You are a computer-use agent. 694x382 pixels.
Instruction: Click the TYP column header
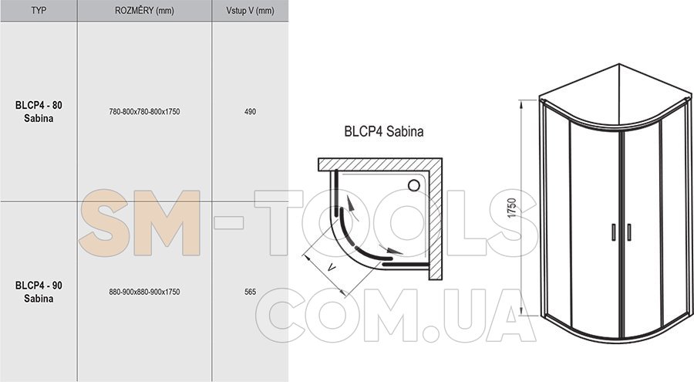click(x=39, y=10)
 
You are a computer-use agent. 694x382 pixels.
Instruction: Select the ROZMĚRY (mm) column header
click(x=144, y=10)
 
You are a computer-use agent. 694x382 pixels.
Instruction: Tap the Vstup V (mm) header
click(x=250, y=10)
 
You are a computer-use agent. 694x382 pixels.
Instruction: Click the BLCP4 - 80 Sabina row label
click(x=39, y=112)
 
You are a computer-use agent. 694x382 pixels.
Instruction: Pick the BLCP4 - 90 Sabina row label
click(x=39, y=292)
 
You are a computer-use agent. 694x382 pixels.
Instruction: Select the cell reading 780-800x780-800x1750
click(x=144, y=112)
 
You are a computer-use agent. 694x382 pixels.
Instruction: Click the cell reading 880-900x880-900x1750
click(x=144, y=292)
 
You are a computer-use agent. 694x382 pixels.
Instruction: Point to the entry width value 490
click(x=250, y=112)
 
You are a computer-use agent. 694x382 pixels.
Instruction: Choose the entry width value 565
click(x=250, y=292)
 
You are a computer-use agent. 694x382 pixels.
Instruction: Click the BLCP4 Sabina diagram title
click(x=384, y=131)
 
